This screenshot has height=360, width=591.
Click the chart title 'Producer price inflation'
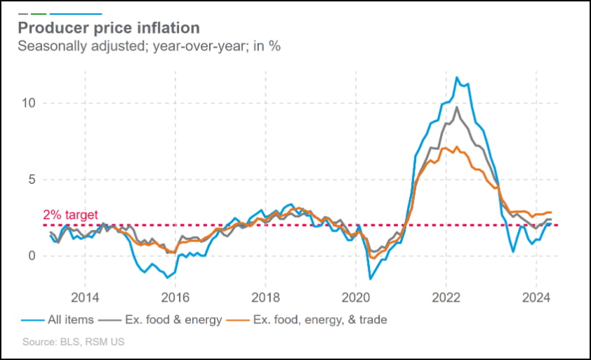109,28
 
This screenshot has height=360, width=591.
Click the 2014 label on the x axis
84,295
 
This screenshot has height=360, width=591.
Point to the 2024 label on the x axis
536,295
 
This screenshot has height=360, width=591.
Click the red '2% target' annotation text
70,215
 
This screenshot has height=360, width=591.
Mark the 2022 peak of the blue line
457,77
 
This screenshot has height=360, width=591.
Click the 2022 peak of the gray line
457,107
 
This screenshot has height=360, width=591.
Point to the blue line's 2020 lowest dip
371,279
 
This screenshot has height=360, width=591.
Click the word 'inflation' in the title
166,28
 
